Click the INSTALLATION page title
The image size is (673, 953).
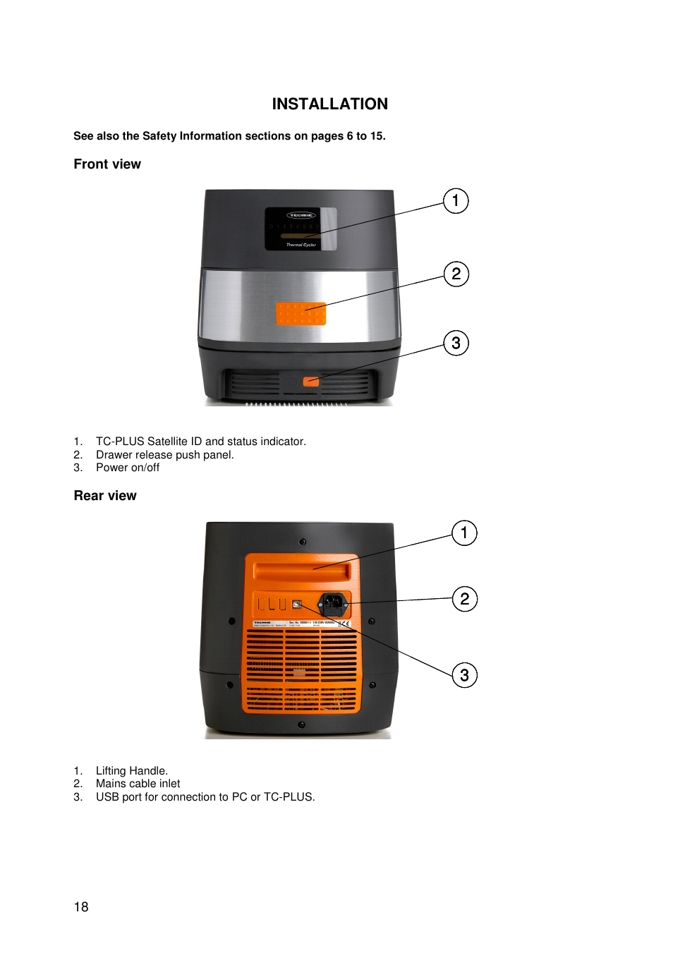329,104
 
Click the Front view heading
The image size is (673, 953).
107,164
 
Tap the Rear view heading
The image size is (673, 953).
105,496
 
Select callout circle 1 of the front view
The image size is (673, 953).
456,201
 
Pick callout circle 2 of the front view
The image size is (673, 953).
456,274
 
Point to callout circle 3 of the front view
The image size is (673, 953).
456,343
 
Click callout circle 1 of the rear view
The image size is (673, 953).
464,533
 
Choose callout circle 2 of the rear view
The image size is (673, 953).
464,599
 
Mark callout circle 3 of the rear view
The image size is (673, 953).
464,675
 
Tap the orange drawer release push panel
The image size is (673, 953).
301,314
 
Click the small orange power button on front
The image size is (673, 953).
310,382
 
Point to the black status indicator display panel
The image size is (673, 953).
301,229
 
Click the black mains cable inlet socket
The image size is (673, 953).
332,604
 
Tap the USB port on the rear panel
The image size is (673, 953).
297,605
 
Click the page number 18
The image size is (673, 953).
81,907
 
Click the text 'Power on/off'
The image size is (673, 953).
128,468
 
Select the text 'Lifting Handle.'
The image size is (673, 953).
132,771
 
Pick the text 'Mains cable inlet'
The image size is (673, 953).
138,784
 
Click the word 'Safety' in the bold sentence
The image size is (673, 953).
159,136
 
